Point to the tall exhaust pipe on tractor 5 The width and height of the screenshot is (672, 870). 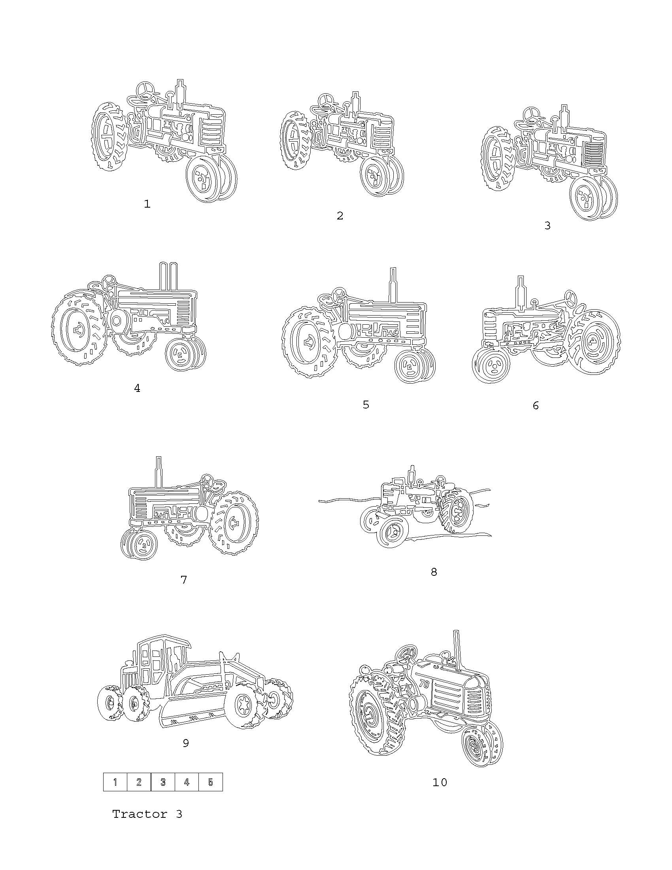[393, 285]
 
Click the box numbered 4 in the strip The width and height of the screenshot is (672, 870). [187, 782]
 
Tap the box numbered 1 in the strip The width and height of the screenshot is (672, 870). [115, 782]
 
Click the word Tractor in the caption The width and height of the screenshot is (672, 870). [139, 814]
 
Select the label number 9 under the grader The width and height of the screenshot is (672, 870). [185, 743]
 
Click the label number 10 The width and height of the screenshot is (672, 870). [440, 782]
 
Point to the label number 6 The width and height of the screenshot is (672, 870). [536, 405]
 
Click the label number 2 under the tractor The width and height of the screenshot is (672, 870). [340, 216]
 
